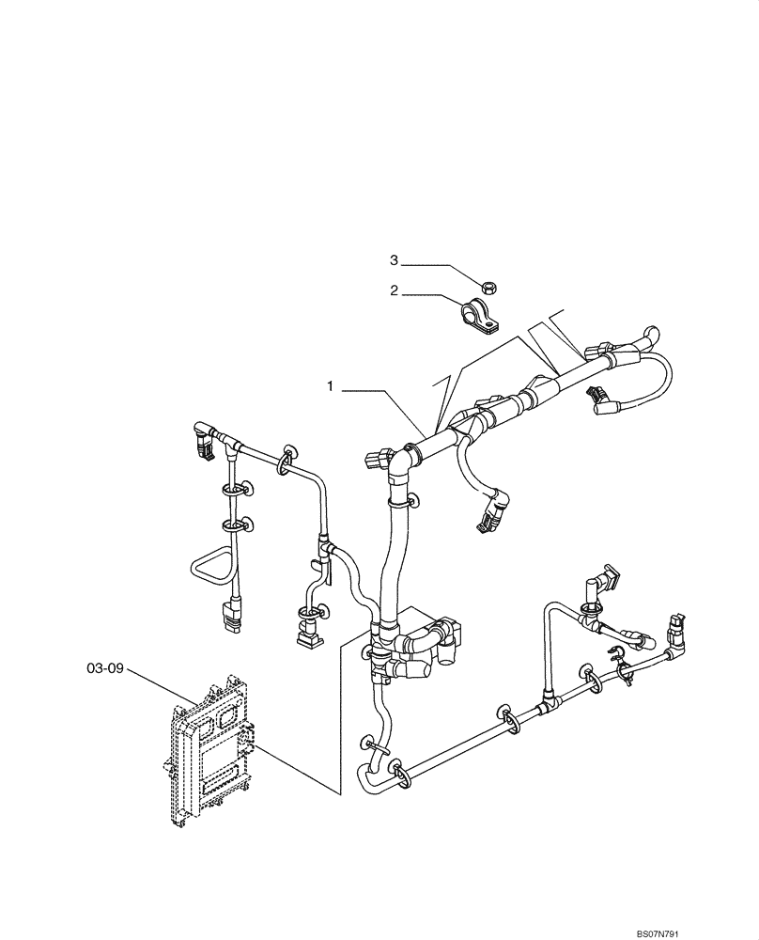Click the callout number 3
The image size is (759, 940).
[395, 259]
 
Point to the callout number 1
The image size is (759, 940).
[331, 386]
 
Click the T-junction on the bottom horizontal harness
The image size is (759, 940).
[542, 705]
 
